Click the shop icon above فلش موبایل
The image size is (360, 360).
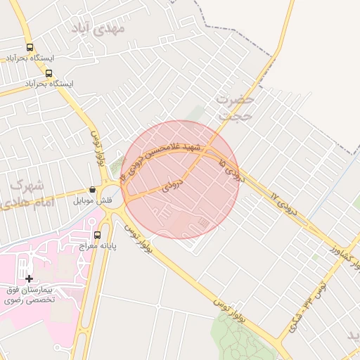(x=92, y=190)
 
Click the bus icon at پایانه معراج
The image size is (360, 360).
(x=97, y=235)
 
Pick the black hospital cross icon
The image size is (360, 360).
(x=29, y=279)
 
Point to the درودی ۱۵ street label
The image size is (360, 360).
(x=232, y=171)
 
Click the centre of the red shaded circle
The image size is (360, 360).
(x=181, y=179)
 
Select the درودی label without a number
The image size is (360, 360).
(x=173, y=186)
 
